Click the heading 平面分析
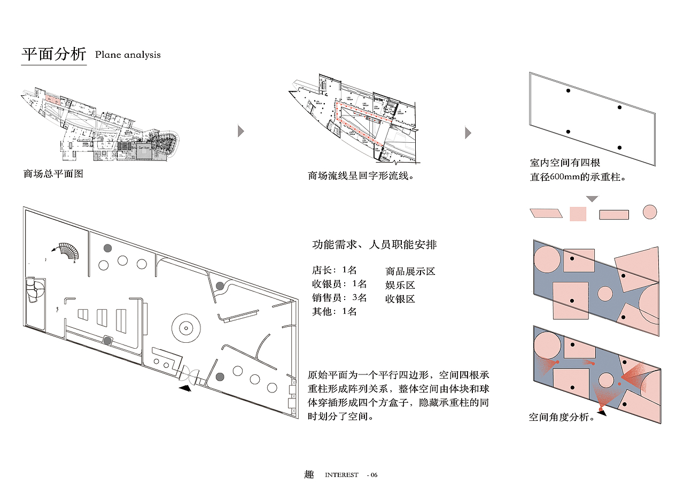[x=53, y=54]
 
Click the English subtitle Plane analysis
[x=128, y=55]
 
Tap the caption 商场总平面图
[x=53, y=174]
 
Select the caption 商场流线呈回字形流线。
[x=361, y=175]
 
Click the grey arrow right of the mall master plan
[x=241, y=132]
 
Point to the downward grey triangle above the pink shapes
[x=592, y=199]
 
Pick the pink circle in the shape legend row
[x=649, y=212]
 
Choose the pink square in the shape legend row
[x=578, y=214]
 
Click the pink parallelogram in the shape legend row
[x=547, y=213]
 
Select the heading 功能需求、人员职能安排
[x=374, y=245]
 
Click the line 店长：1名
[x=334, y=270]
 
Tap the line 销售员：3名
[x=339, y=297]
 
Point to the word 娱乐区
[x=400, y=285]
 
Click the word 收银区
[x=400, y=299]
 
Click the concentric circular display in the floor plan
[x=186, y=326]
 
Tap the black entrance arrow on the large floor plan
[x=185, y=389]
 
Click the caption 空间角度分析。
[x=562, y=417]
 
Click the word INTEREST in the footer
[x=341, y=475]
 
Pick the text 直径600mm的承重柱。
[x=578, y=176]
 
